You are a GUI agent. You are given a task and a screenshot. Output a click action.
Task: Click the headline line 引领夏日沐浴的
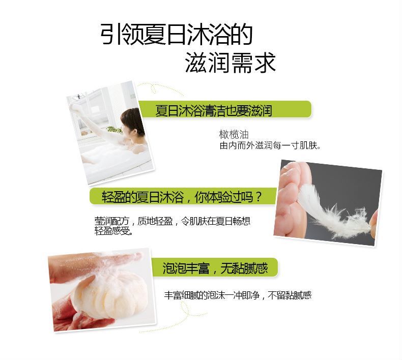177,35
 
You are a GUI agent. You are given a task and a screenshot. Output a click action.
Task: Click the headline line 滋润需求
230,62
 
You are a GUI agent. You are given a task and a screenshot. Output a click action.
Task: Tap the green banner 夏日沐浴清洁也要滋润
224,110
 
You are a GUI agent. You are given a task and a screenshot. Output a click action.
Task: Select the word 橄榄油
234,134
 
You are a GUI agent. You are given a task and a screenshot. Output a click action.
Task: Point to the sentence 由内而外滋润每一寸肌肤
270,145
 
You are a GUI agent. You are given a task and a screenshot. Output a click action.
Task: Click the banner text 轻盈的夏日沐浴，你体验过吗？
182,197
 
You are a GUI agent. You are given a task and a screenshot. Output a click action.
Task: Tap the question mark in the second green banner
258,197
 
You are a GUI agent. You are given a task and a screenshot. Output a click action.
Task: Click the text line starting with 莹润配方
173,221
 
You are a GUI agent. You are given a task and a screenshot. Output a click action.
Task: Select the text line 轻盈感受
113,231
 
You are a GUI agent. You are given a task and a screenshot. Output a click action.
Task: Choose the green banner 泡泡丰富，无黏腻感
215,267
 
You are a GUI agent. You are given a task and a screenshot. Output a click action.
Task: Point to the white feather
333,210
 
